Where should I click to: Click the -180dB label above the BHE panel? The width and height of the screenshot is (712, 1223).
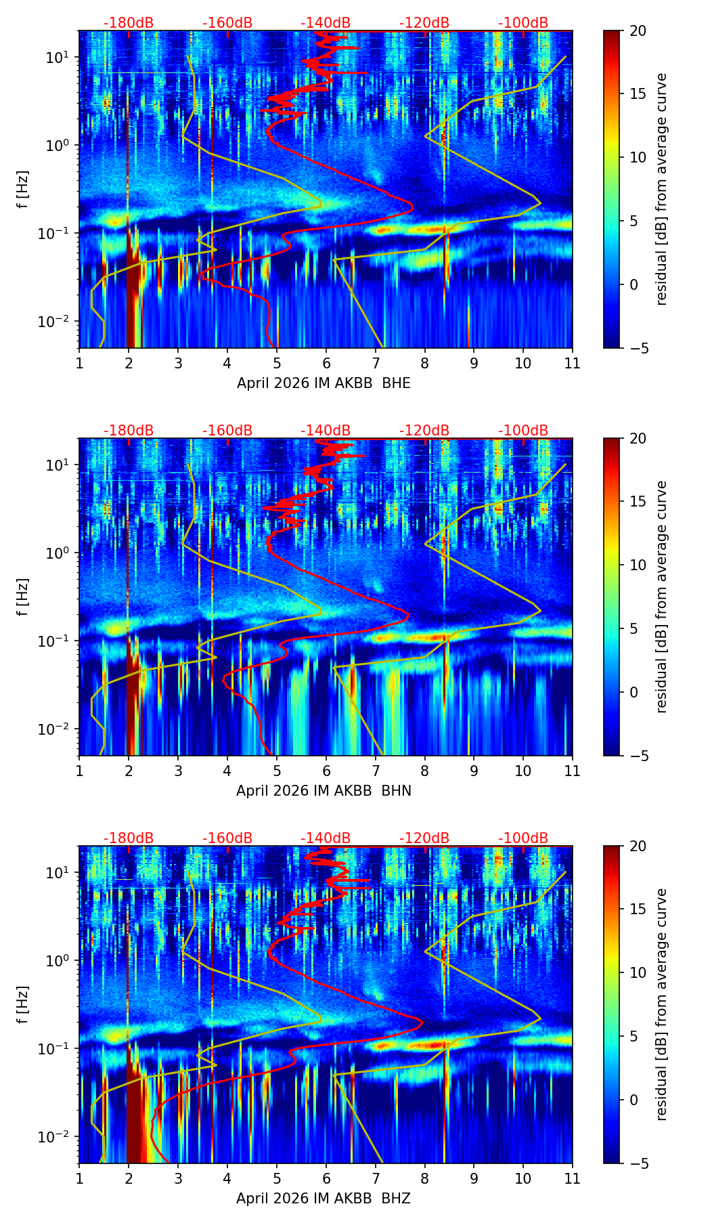tap(129, 23)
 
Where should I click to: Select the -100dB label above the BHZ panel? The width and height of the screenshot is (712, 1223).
tap(523, 838)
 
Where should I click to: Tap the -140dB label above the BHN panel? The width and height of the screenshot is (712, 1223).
tap(326, 431)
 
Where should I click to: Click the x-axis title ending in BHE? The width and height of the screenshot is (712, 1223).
tap(324, 383)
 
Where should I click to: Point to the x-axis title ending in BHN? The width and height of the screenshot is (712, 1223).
tap(324, 791)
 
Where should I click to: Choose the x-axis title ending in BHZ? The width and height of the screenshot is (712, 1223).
tap(324, 1199)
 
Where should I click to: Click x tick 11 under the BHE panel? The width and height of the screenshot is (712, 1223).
tap(573, 363)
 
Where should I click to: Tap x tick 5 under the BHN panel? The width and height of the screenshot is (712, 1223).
tap(277, 771)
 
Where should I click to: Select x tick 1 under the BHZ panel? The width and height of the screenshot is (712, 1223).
tap(79, 1178)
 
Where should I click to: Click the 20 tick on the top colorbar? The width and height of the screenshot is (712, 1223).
tap(638, 31)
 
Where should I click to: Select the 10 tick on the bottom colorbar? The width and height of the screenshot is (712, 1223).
tap(638, 973)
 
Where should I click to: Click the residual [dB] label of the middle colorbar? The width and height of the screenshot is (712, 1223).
tap(661, 597)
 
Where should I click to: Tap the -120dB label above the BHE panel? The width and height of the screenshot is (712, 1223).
tap(424, 23)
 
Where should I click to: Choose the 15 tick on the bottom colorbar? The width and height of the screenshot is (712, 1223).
tap(638, 909)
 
